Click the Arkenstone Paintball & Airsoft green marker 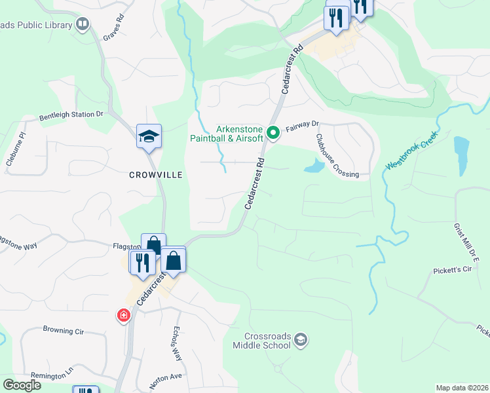coord(274,134)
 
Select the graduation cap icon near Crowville coord(148,137)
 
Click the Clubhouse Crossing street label coord(337,156)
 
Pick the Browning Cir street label coord(64,331)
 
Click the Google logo coord(22,385)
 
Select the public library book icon coord(82,25)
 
